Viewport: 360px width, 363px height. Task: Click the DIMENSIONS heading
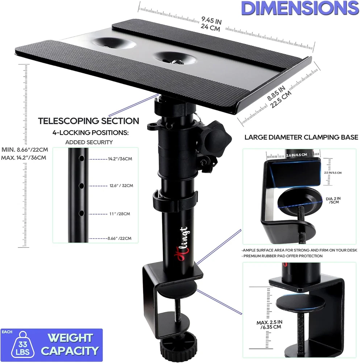(x=300, y=8)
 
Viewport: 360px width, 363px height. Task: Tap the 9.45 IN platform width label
(x=211, y=20)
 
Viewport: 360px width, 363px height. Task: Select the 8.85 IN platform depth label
(x=276, y=93)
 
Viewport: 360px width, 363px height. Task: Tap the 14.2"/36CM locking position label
(x=120, y=159)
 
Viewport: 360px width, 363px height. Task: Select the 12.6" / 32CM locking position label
(x=121, y=185)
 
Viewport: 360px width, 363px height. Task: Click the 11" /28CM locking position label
(x=120, y=214)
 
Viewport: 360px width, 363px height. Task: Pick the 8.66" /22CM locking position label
(x=119, y=238)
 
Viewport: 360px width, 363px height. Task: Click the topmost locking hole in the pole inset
(x=81, y=159)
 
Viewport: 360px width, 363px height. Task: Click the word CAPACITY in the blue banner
(x=70, y=351)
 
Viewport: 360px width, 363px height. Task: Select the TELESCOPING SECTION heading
(x=88, y=121)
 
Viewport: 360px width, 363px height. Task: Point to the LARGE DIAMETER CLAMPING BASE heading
(x=301, y=137)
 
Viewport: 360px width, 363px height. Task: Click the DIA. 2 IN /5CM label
(x=333, y=200)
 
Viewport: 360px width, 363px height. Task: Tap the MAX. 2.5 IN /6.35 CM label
(x=270, y=325)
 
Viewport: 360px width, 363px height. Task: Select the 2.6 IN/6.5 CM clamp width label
(x=297, y=155)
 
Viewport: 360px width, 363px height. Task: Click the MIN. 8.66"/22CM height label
(x=25, y=150)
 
